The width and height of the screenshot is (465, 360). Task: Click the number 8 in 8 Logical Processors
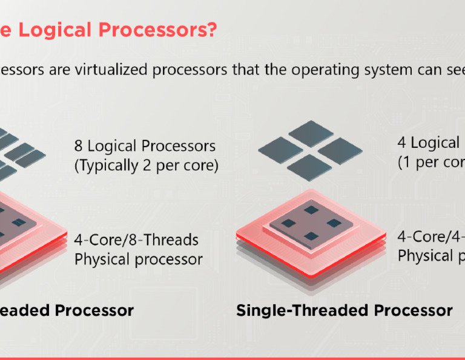point(79,146)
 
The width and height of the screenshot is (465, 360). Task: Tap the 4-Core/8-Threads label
point(136,240)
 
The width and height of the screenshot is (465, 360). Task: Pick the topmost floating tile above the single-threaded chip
point(311,132)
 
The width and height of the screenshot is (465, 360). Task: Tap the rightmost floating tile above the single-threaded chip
point(340,148)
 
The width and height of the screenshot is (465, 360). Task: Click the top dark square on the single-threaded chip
point(311,209)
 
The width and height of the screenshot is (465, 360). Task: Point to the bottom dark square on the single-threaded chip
point(311,236)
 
